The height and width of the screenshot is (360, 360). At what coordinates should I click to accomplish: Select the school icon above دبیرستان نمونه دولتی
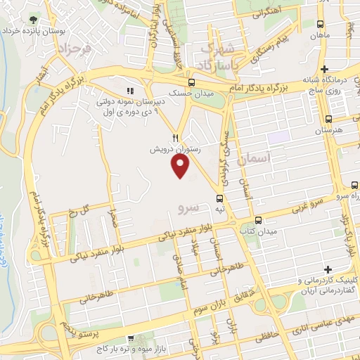(x=129, y=91)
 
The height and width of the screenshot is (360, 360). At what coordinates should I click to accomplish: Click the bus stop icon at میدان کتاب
(x=258, y=220)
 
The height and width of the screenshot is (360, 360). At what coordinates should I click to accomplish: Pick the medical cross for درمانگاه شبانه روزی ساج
(x=324, y=69)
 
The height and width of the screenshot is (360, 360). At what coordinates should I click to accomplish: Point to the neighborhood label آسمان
(x=254, y=160)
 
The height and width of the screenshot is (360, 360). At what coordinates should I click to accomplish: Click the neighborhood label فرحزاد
(x=73, y=49)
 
